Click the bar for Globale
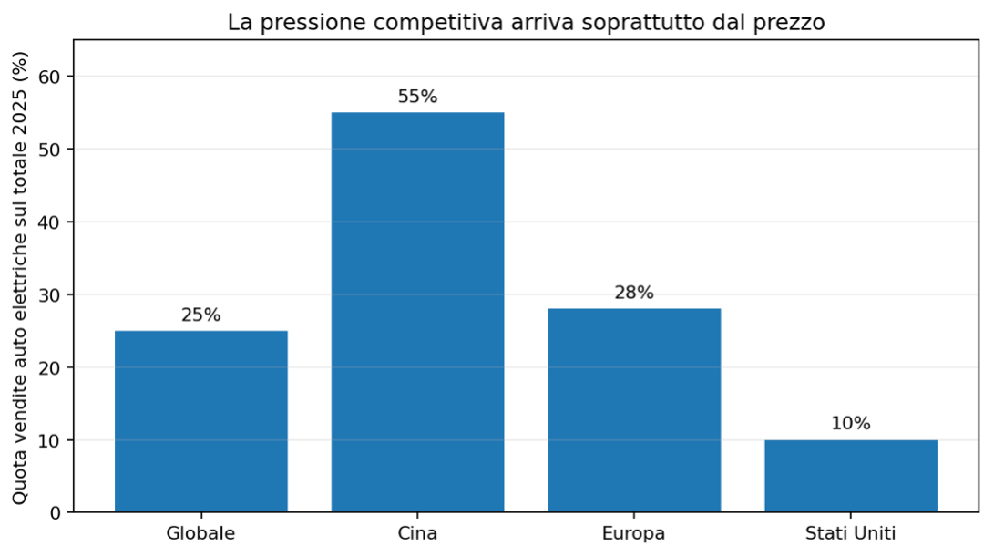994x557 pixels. tap(201, 421)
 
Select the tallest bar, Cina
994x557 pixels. tap(418, 312)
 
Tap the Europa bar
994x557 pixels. tap(634, 410)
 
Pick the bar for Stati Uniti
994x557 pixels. tap(851, 476)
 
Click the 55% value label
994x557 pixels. tap(418, 97)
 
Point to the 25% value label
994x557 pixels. tap(201, 315)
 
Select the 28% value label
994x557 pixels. tap(634, 293)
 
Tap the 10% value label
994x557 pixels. tap(851, 424)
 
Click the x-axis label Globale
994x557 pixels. tap(200, 533)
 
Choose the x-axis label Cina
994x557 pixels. tap(418, 533)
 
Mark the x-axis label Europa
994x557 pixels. tap(634, 533)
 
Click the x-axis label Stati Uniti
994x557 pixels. tap(851, 533)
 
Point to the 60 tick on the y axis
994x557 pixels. tap(52, 77)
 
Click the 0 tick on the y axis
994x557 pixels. tap(56, 512)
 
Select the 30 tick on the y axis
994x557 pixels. tap(52, 295)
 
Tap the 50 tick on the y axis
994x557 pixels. tap(52, 150)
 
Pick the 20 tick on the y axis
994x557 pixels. tap(52, 368)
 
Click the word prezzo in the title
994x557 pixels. tap(793, 24)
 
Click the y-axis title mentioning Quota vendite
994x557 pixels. tap(20, 278)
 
